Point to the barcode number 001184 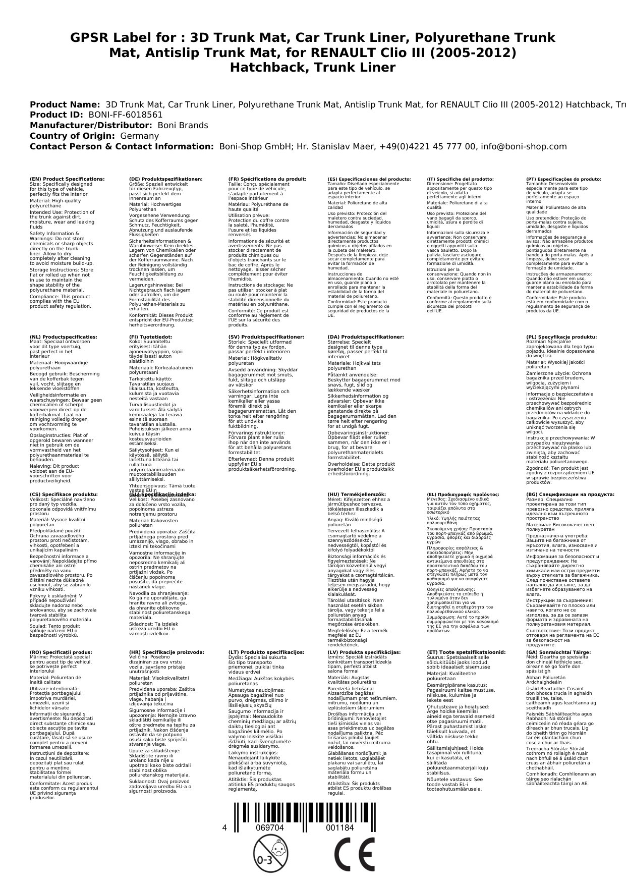coord(339,828)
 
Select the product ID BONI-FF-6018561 coord(125,115)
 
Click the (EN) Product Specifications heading coord(68,179)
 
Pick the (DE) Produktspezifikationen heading coord(166,179)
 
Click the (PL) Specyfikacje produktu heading coord(561,337)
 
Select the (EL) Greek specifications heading coord(463,494)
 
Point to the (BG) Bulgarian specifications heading coord(563,494)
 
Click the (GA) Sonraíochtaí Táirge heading coord(558,652)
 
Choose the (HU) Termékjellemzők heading coord(357,494)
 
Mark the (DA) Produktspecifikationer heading coord(365,337)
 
